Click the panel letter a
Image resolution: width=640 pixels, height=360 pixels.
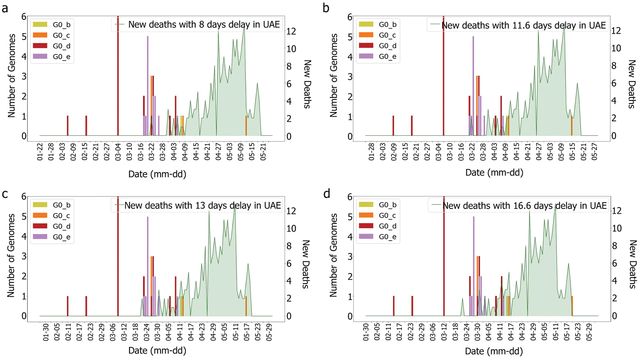[5, 8]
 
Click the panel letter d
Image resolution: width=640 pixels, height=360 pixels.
[326, 194]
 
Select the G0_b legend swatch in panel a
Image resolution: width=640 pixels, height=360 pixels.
[40, 24]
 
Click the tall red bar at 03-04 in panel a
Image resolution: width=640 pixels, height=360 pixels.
[118, 76]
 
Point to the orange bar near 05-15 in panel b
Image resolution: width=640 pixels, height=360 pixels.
[572, 126]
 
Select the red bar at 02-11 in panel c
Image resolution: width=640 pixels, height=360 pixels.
[68, 306]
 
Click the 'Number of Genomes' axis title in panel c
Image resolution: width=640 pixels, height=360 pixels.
[11, 256]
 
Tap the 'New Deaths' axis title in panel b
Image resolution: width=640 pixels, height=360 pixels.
[631, 84]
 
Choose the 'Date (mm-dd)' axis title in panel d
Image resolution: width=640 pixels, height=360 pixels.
[494, 351]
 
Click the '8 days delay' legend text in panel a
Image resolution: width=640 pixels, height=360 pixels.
[204, 24]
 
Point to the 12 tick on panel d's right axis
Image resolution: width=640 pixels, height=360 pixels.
[617, 211]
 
